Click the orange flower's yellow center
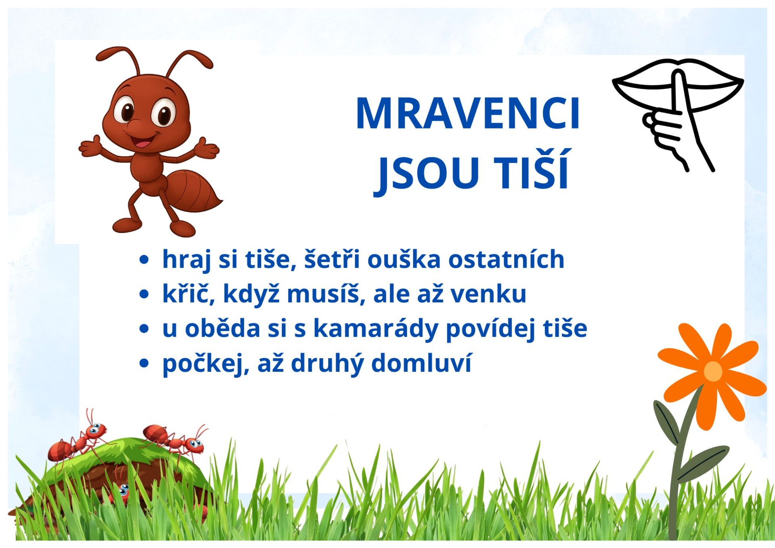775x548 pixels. [713, 371]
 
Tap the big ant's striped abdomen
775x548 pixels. [193, 190]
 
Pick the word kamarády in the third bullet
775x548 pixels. [375, 329]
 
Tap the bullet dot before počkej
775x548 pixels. [144, 363]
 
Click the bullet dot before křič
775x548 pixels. [144, 294]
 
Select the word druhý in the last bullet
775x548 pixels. [327, 363]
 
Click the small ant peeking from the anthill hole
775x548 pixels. [121, 491]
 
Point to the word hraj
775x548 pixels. [186, 260]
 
